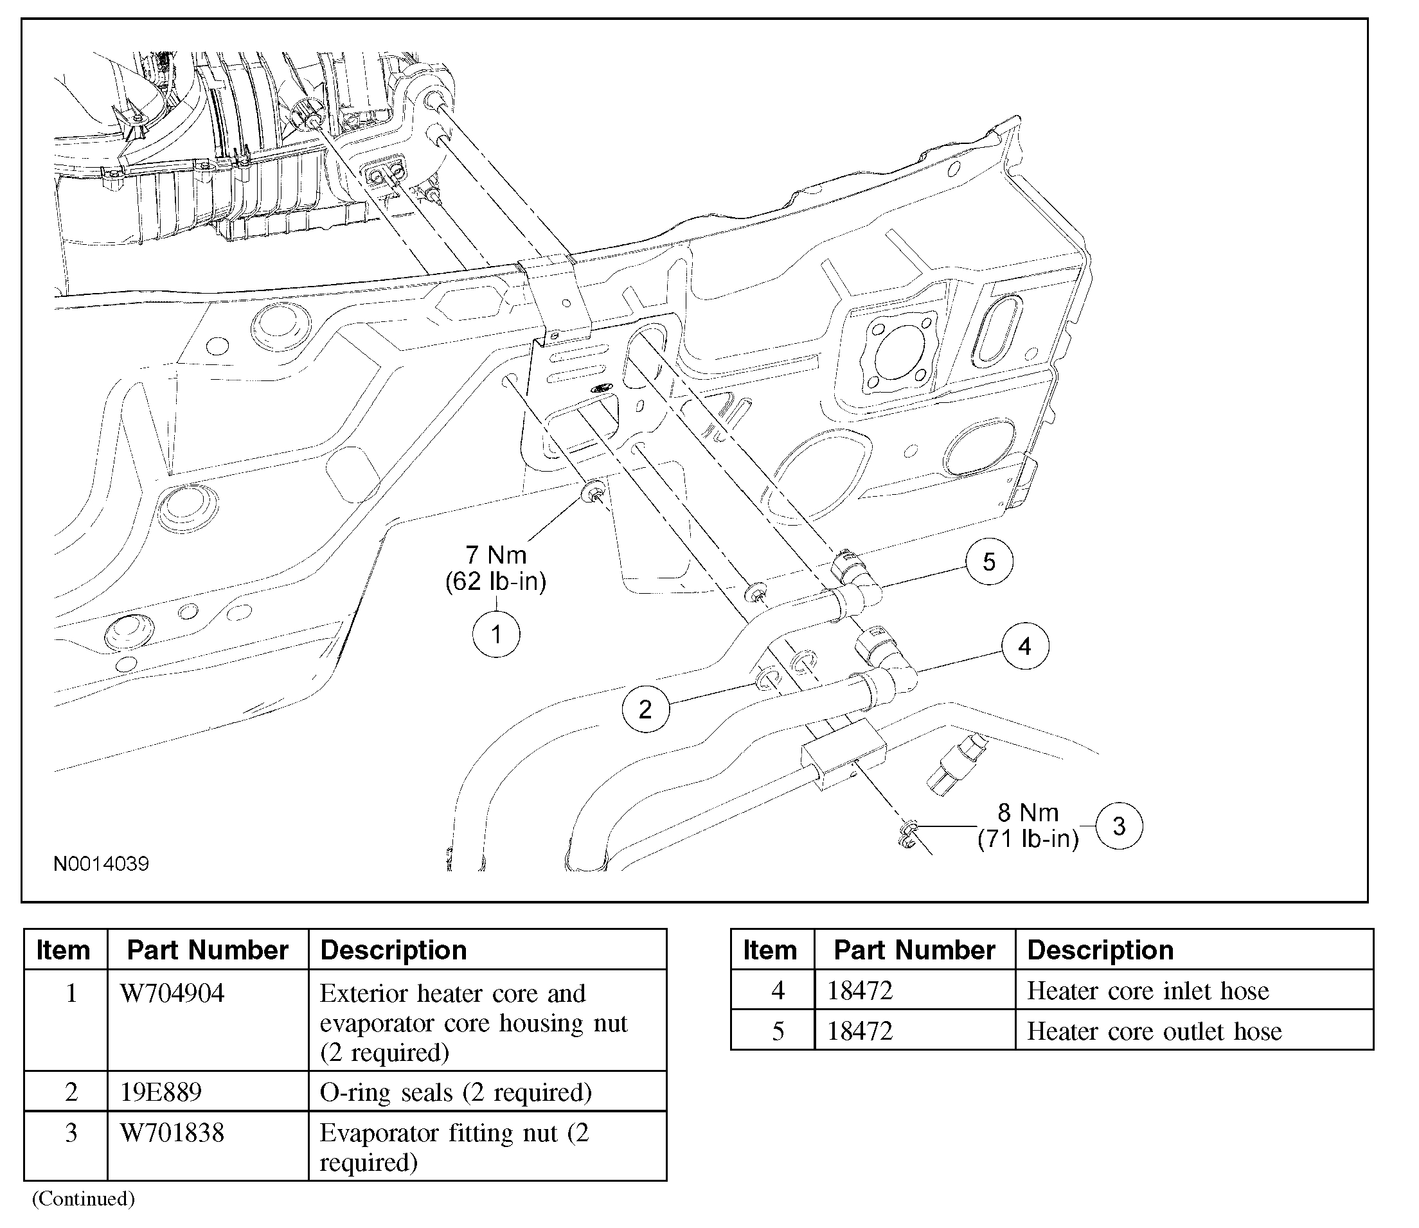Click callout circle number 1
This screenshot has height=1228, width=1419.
coord(496,634)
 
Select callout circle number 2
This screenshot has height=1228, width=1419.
coord(645,709)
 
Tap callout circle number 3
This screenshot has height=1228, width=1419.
coord(1119,826)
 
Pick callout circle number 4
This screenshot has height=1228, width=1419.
coord(1025,646)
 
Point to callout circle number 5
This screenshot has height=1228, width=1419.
coord(988,562)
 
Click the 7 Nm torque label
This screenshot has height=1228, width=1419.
coord(496,555)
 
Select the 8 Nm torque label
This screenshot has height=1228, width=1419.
coord(1028,813)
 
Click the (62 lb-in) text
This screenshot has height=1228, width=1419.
coord(496,582)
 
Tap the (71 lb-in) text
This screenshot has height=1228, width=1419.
coord(1028,839)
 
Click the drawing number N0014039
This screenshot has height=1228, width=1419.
coord(102,864)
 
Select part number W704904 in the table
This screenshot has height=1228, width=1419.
coord(173,993)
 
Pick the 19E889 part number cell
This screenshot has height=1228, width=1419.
coord(162,1092)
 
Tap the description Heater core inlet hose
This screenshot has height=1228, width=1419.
coord(1148,991)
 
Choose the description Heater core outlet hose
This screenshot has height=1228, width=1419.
coord(1154,1031)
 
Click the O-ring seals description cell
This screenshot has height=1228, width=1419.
coord(456,1092)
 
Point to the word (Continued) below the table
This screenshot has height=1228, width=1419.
coord(84,1198)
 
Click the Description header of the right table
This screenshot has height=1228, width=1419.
coord(1100,950)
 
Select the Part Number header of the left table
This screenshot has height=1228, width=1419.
coord(208,950)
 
